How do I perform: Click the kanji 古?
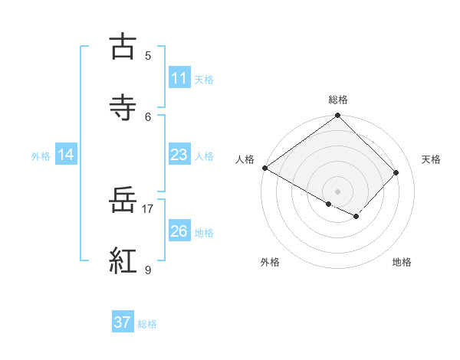click(x=123, y=47)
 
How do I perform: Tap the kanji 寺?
click(x=123, y=108)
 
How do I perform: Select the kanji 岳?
click(x=123, y=201)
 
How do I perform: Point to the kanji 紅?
click(x=123, y=261)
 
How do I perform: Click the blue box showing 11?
click(x=179, y=78)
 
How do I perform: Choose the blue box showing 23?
click(x=179, y=155)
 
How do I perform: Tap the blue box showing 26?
click(x=179, y=231)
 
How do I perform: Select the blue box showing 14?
click(x=66, y=155)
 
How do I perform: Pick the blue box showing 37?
click(x=123, y=322)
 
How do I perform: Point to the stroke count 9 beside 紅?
click(x=148, y=270)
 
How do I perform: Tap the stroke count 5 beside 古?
click(x=148, y=55)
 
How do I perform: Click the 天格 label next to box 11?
click(x=204, y=79)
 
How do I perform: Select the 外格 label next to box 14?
click(x=41, y=155)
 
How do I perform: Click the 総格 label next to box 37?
click(x=147, y=323)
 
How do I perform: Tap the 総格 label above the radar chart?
click(x=338, y=100)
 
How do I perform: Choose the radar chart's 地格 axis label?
click(x=402, y=262)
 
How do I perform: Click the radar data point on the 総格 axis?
click(x=338, y=116)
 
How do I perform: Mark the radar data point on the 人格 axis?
click(x=265, y=168)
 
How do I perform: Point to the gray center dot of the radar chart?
click(x=338, y=191)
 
